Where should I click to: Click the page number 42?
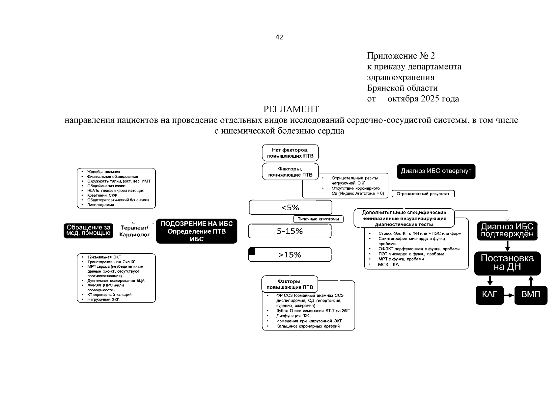click(x=279, y=37)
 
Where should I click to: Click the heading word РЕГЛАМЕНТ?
click(x=291, y=109)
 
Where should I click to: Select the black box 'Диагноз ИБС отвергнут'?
click(x=436, y=171)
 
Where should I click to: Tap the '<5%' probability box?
click(x=290, y=207)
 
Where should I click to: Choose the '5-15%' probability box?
click(x=290, y=231)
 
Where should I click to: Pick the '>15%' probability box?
click(x=290, y=255)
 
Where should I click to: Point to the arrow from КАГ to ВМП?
click(x=509, y=295)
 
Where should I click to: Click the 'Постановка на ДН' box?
click(x=507, y=263)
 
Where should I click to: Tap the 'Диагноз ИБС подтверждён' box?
click(x=507, y=230)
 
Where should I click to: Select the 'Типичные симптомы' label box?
click(x=318, y=219)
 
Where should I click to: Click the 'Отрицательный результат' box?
click(x=423, y=194)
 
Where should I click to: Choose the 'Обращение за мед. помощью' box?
click(x=88, y=230)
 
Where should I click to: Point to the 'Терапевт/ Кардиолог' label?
click(x=134, y=231)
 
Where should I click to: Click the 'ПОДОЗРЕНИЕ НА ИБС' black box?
click(x=197, y=231)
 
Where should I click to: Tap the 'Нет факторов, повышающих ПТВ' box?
click(x=290, y=153)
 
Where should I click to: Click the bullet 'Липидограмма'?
click(x=100, y=205)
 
